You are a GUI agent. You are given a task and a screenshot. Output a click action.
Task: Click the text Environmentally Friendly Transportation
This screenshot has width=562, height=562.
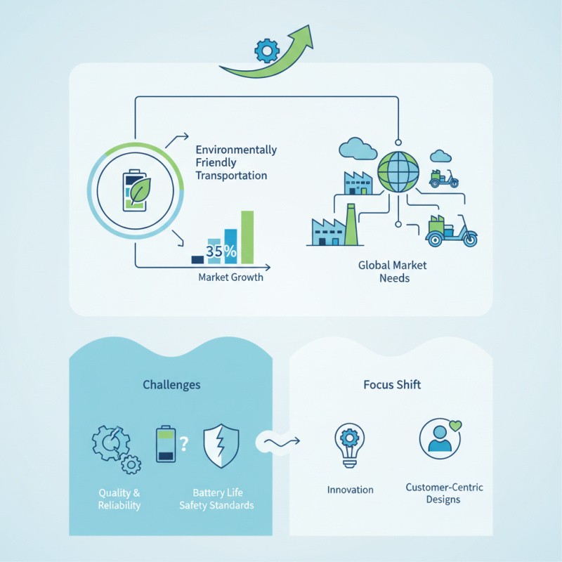click(x=236, y=163)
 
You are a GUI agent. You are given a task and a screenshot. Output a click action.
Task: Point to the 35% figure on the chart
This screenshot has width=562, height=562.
click(x=221, y=250)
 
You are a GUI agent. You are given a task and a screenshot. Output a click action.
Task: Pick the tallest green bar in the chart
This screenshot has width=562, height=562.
click(x=247, y=237)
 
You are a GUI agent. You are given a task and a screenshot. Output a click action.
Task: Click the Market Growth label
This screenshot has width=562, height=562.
click(x=230, y=277)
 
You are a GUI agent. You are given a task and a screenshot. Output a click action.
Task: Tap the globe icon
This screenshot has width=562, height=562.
click(x=398, y=173)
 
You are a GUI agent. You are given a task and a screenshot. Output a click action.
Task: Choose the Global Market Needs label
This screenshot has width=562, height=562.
click(x=393, y=272)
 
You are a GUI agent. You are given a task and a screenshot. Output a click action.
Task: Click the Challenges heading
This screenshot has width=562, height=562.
click(x=171, y=385)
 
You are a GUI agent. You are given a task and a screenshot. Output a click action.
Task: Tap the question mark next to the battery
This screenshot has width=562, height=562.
click(x=184, y=443)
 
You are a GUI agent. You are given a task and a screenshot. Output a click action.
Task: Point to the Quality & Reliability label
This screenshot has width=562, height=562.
click(x=119, y=499)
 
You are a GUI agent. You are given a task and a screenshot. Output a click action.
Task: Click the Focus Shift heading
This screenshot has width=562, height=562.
click(x=392, y=385)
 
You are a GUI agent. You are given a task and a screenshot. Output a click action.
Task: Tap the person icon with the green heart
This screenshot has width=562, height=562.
click(x=440, y=439)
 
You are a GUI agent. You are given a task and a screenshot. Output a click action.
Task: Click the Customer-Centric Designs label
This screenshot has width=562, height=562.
click(x=444, y=493)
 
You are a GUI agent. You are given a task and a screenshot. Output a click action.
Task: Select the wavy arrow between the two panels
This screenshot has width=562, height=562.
click(x=280, y=441)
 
